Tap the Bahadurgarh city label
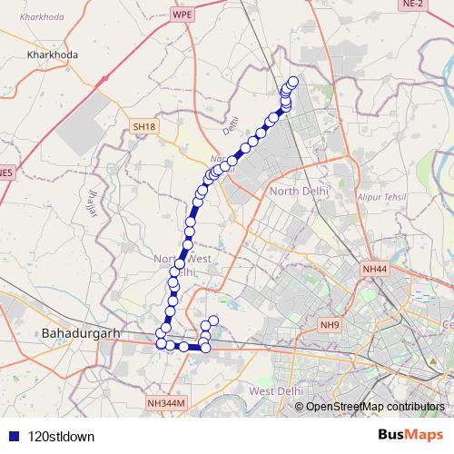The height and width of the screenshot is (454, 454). (81, 333)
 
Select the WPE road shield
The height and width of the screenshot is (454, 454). (183, 15)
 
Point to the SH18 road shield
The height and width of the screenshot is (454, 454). (143, 127)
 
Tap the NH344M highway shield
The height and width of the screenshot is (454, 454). (165, 402)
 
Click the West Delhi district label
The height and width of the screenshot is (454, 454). (275, 390)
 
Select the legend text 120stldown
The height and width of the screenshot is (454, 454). (61, 436)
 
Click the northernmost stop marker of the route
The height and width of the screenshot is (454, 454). (292, 82)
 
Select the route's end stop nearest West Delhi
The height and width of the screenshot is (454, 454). (214, 320)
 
